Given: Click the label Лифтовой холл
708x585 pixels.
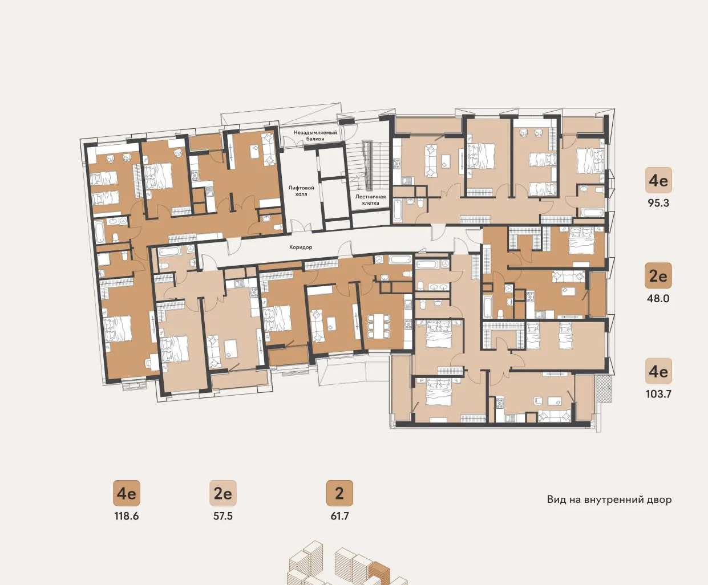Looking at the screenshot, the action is (x=301, y=191).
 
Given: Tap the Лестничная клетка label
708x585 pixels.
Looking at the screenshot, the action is (x=370, y=200).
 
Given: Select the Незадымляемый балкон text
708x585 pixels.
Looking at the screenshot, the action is (x=315, y=136).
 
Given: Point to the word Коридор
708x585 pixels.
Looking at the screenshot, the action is (x=301, y=247).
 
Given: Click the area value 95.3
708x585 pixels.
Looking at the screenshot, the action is (x=658, y=203).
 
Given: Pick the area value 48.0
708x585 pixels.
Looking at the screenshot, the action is (x=658, y=299).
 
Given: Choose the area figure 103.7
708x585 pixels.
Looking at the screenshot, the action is (x=658, y=394).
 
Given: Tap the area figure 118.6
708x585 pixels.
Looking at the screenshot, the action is (x=127, y=516).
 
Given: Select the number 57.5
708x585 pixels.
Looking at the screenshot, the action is (x=222, y=516).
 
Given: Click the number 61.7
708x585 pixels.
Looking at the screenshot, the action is (x=339, y=516).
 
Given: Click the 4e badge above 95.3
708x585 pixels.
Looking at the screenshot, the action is (x=658, y=180).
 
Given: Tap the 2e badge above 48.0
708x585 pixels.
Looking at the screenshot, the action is (x=658, y=275).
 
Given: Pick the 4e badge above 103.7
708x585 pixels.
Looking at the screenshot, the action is (x=658, y=371).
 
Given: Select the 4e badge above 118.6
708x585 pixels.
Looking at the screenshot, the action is (x=127, y=493).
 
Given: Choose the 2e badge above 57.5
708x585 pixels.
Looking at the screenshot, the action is (x=222, y=493).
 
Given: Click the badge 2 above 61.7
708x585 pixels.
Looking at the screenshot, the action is (x=339, y=493).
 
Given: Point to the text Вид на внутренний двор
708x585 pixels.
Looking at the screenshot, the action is (x=609, y=500).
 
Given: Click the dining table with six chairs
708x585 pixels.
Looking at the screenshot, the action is (x=379, y=326).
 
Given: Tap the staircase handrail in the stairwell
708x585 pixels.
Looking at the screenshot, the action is (x=367, y=166).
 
